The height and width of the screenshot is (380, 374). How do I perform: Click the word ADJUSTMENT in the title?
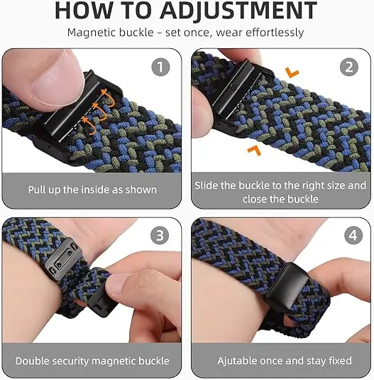click(238, 11)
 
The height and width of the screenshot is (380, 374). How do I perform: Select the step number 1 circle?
click(160, 67)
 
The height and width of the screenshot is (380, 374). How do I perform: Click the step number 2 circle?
click(349, 67)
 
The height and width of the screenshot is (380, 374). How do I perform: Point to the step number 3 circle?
click(160, 235)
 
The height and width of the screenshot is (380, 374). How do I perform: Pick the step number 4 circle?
click(353, 235)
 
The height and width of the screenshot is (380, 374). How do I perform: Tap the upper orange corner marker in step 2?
click(292, 72)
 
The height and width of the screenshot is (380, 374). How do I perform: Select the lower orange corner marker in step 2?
click(254, 151)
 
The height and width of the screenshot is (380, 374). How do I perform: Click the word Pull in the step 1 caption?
click(37, 190)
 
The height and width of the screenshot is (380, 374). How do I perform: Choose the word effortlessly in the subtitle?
click(275, 33)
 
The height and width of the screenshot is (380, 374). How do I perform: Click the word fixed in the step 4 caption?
click(340, 361)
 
